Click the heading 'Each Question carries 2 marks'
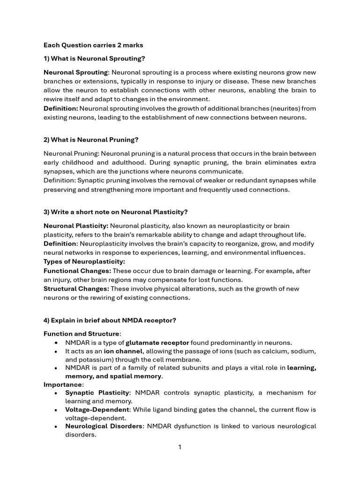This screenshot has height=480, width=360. [x=93, y=45]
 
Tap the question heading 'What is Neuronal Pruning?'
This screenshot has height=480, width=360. [x=91, y=140]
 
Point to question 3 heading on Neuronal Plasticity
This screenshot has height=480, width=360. [x=115, y=212]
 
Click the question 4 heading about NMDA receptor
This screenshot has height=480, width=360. [x=110, y=320]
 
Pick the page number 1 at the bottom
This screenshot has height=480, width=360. [x=180, y=447]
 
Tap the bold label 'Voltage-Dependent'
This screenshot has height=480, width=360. [x=97, y=410]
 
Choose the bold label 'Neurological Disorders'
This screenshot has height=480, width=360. [x=105, y=426]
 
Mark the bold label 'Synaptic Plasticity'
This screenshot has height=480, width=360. [x=96, y=392]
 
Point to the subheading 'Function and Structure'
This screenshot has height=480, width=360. [x=82, y=334]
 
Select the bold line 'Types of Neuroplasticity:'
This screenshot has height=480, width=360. [x=84, y=262]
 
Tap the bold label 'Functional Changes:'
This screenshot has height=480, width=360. [x=77, y=271]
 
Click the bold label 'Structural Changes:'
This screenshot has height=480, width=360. [x=76, y=289]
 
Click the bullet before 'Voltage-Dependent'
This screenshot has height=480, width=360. [x=56, y=410]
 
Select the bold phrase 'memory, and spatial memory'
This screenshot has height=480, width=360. [x=114, y=376]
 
